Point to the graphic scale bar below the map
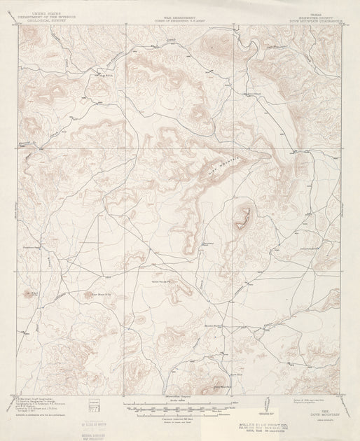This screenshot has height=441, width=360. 179,406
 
